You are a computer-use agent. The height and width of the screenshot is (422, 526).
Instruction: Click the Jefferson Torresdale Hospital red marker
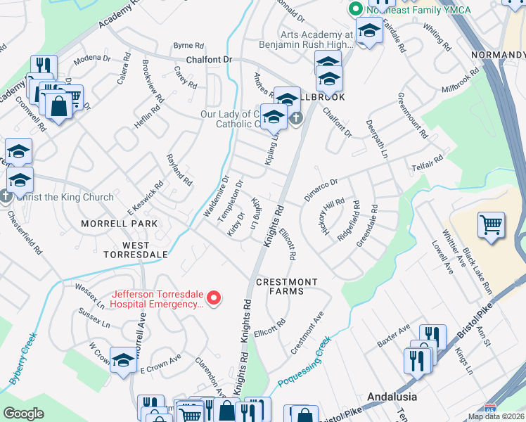(217, 299)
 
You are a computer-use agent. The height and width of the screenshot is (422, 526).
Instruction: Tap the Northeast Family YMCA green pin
(356, 9)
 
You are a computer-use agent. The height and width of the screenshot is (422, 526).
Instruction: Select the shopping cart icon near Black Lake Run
(492, 225)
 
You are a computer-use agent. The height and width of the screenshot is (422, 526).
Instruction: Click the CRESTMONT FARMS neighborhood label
(286, 286)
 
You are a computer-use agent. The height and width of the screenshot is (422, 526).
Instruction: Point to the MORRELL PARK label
(118, 224)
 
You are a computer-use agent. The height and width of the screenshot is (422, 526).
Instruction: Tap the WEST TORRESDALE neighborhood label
(136, 254)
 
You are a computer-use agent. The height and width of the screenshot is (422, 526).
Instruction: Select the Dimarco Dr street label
(321, 190)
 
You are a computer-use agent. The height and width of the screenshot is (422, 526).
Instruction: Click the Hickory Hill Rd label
(327, 212)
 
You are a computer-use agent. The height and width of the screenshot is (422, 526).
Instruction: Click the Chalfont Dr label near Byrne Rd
(209, 60)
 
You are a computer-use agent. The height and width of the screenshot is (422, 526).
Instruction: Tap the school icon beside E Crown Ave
(123, 362)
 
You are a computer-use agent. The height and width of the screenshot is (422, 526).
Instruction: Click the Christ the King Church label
(65, 197)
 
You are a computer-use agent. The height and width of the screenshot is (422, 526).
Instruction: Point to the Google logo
(24, 414)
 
